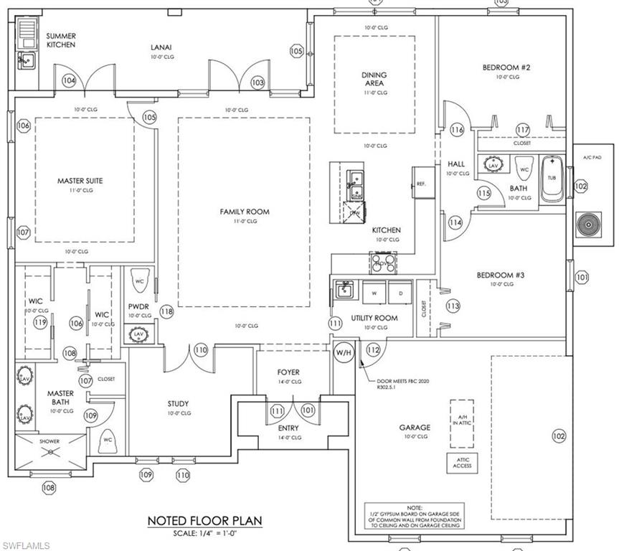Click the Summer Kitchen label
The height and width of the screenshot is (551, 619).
62,40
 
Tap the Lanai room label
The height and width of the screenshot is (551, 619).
161,47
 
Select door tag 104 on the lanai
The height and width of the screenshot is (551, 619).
69,81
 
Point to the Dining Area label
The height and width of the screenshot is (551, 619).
374,79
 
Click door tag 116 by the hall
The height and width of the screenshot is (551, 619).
458,130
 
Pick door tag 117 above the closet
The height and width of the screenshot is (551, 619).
522,130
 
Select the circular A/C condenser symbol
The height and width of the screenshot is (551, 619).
592,224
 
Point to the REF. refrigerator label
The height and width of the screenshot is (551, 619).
421,184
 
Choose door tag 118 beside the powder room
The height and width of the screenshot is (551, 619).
167,311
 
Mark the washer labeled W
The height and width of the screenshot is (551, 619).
373,294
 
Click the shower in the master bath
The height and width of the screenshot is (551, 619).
50,451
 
